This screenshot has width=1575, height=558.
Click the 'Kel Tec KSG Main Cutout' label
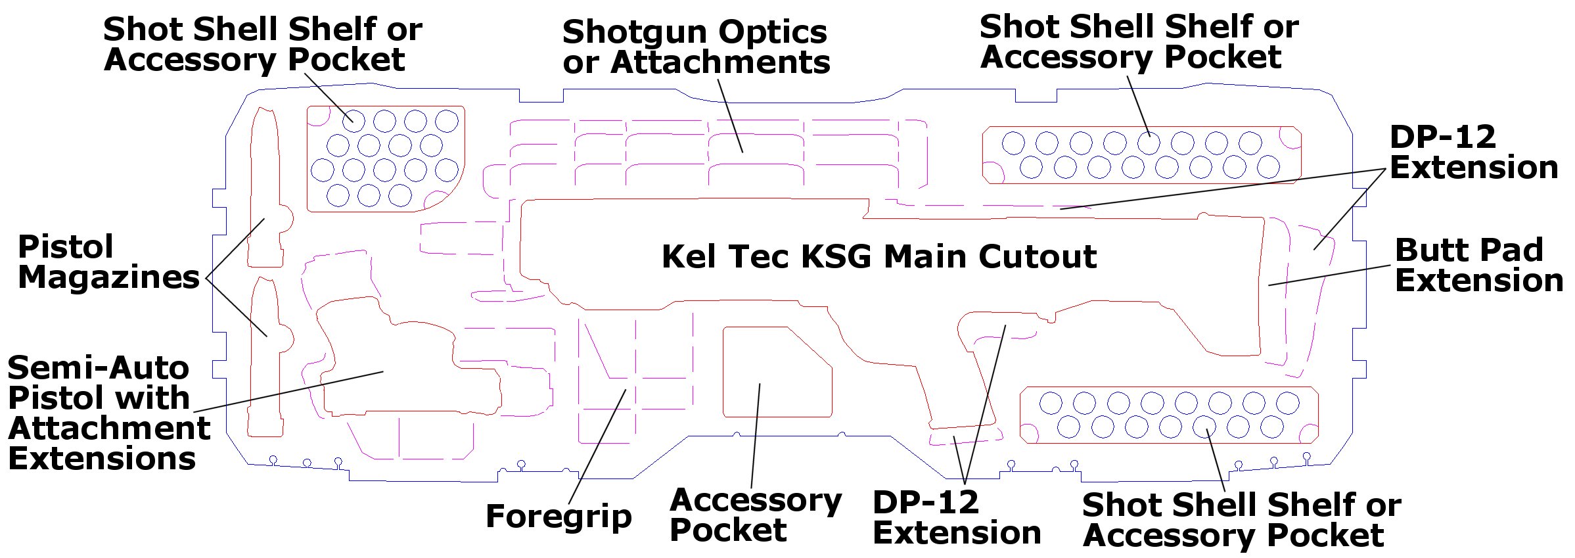[879, 256]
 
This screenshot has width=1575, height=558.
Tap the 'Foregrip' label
[559, 517]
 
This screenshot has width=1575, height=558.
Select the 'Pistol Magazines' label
[108, 262]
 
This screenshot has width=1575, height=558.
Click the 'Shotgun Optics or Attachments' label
[696, 47]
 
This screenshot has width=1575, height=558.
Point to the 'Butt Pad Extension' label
[1478, 265]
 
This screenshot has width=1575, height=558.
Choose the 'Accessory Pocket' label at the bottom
[756, 515]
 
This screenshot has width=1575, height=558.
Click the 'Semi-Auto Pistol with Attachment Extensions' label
[108, 413]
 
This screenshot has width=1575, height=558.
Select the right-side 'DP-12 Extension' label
[1474, 152]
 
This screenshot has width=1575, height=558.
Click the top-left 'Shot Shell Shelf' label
[263, 44]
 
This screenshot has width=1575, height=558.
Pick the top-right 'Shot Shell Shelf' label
[1139, 41]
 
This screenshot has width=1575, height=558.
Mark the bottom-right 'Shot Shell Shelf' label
[1242, 520]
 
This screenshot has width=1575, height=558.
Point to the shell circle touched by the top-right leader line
[1149, 143]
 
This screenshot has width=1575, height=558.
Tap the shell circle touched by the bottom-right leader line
[1204, 427]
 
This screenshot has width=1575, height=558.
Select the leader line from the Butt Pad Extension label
[1329, 275]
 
